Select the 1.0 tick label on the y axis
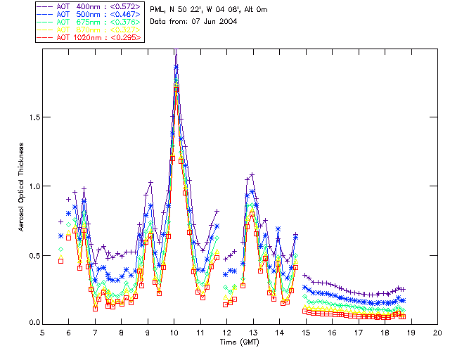point(32,186)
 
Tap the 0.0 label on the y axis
point(32,323)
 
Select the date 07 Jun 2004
point(214,22)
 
